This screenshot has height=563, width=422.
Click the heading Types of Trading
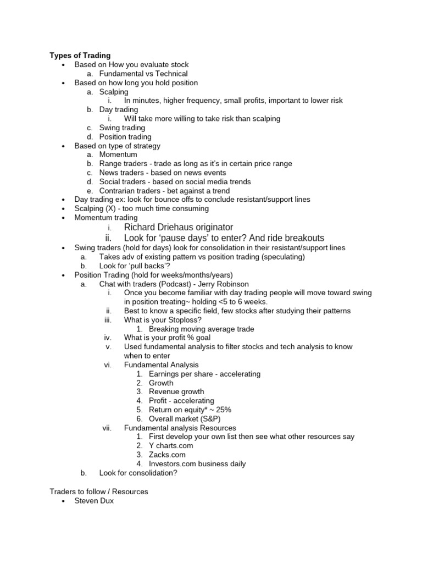point(80,56)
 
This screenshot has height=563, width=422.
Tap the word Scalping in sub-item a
point(114,92)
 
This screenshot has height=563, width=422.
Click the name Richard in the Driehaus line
point(141,227)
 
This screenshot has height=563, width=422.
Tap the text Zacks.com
point(167,455)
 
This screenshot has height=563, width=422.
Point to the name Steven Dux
point(94,500)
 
